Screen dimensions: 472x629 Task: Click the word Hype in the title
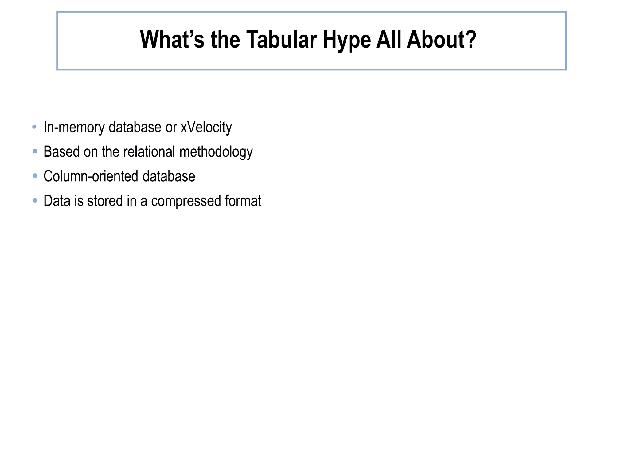pos(347,40)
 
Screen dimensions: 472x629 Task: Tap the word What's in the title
pos(172,40)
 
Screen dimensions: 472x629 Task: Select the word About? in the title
pos(441,40)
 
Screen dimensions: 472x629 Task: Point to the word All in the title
pos(389,40)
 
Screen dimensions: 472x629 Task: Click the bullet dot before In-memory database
pos(35,127)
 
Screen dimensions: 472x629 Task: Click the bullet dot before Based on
pos(35,151)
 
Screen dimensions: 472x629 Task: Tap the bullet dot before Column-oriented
pos(35,176)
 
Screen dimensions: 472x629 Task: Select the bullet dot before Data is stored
pos(35,200)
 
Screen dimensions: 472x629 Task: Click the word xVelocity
pos(206,127)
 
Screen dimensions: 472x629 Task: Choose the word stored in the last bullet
pos(105,201)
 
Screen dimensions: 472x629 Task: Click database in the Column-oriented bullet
pos(169,176)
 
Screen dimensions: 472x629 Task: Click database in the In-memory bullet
pos(135,127)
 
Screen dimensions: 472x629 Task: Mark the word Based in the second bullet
pos(61,152)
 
